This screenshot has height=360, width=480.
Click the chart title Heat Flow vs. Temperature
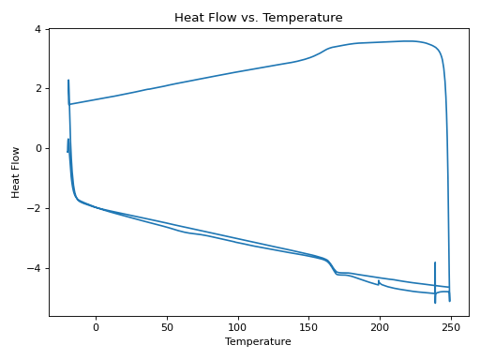(x=258, y=18)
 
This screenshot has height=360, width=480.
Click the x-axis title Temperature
(x=258, y=342)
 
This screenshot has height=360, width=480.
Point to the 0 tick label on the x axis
(x=96, y=327)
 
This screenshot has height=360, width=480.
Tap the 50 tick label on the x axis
(x=167, y=327)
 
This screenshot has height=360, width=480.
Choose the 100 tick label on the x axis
(x=238, y=327)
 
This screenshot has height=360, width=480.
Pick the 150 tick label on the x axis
(x=309, y=327)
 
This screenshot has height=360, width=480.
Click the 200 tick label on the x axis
(x=380, y=327)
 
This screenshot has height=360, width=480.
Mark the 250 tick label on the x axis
(x=451, y=327)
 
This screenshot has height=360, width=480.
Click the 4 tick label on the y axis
(x=37, y=29)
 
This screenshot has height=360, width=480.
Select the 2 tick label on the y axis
(x=37, y=88)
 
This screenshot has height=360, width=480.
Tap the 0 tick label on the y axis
(x=37, y=148)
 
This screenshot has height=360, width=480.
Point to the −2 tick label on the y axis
(x=34, y=208)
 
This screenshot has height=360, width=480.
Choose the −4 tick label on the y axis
(x=34, y=268)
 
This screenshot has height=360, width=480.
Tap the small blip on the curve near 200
(x=379, y=280)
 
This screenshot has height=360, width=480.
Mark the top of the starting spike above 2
(x=68, y=82)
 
